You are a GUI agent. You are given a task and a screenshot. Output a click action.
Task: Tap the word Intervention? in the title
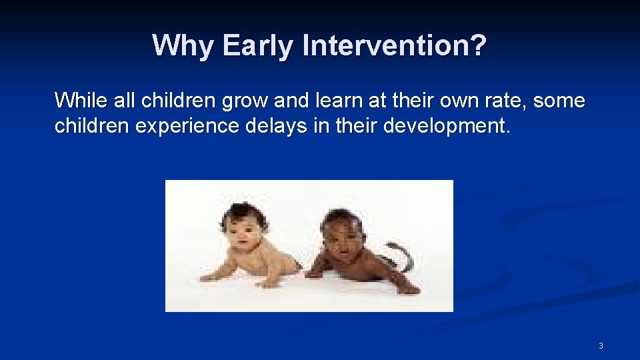395,46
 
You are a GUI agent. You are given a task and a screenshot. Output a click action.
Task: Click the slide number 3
601,345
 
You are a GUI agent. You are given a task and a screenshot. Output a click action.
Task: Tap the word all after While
119,101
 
